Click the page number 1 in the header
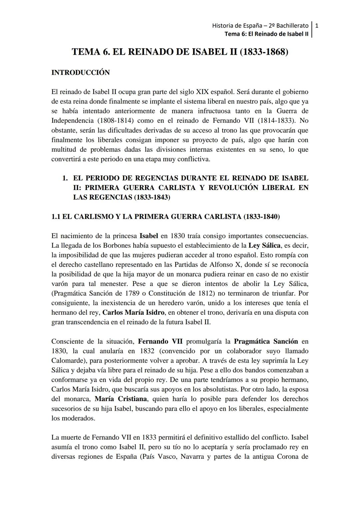(317, 25)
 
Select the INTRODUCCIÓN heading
(80, 72)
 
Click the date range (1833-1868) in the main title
(264, 52)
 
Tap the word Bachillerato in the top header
(291, 25)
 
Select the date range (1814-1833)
(270, 120)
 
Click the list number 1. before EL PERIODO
(65, 178)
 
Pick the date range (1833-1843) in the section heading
(152, 197)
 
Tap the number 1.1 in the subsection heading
(56, 217)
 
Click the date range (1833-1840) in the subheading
(261, 217)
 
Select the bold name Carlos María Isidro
(133, 313)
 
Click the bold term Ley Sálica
(264, 246)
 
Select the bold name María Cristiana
(121, 399)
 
